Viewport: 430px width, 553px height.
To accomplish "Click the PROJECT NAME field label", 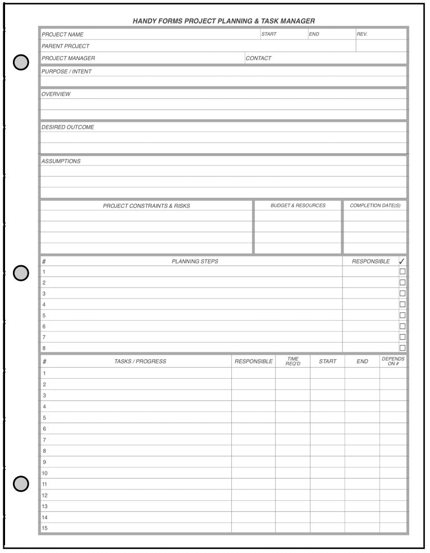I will click(62, 34).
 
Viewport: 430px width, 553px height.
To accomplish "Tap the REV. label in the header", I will click(362, 34).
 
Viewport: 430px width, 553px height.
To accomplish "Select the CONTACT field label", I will click(258, 58).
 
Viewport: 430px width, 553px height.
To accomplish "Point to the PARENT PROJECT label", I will click(65, 46).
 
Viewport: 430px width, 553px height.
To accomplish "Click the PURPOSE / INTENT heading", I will click(66, 71).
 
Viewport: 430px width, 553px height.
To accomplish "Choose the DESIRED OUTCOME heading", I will click(68, 127).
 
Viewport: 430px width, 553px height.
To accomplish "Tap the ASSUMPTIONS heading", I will click(61, 161).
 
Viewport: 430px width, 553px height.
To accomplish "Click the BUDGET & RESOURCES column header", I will click(298, 206).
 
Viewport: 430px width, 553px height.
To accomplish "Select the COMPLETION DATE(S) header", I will click(375, 206).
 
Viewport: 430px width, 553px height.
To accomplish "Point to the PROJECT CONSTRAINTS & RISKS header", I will click(147, 206).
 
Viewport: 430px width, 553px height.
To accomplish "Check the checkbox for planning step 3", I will click(402, 293).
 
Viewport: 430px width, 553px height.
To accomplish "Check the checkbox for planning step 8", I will click(402, 348).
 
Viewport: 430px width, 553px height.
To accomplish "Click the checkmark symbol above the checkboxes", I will click(402, 261).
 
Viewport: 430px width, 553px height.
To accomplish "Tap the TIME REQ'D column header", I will click(293, 361).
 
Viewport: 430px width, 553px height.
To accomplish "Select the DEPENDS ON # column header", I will click(393, 361).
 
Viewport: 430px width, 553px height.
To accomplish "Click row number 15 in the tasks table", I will click(45, 528).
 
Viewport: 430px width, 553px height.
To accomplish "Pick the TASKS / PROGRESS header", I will click(140, 361).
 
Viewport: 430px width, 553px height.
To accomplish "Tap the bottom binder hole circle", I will click(21, 483).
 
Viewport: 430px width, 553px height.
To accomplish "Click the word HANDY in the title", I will click(144, 21).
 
